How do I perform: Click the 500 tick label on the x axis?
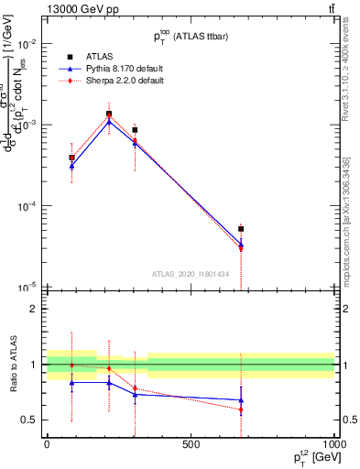191,444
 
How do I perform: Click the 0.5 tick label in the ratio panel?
29,420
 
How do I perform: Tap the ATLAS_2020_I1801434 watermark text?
190,273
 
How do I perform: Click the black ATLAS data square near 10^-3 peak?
109,115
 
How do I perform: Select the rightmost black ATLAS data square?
241,229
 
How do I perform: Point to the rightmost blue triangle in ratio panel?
241,400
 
